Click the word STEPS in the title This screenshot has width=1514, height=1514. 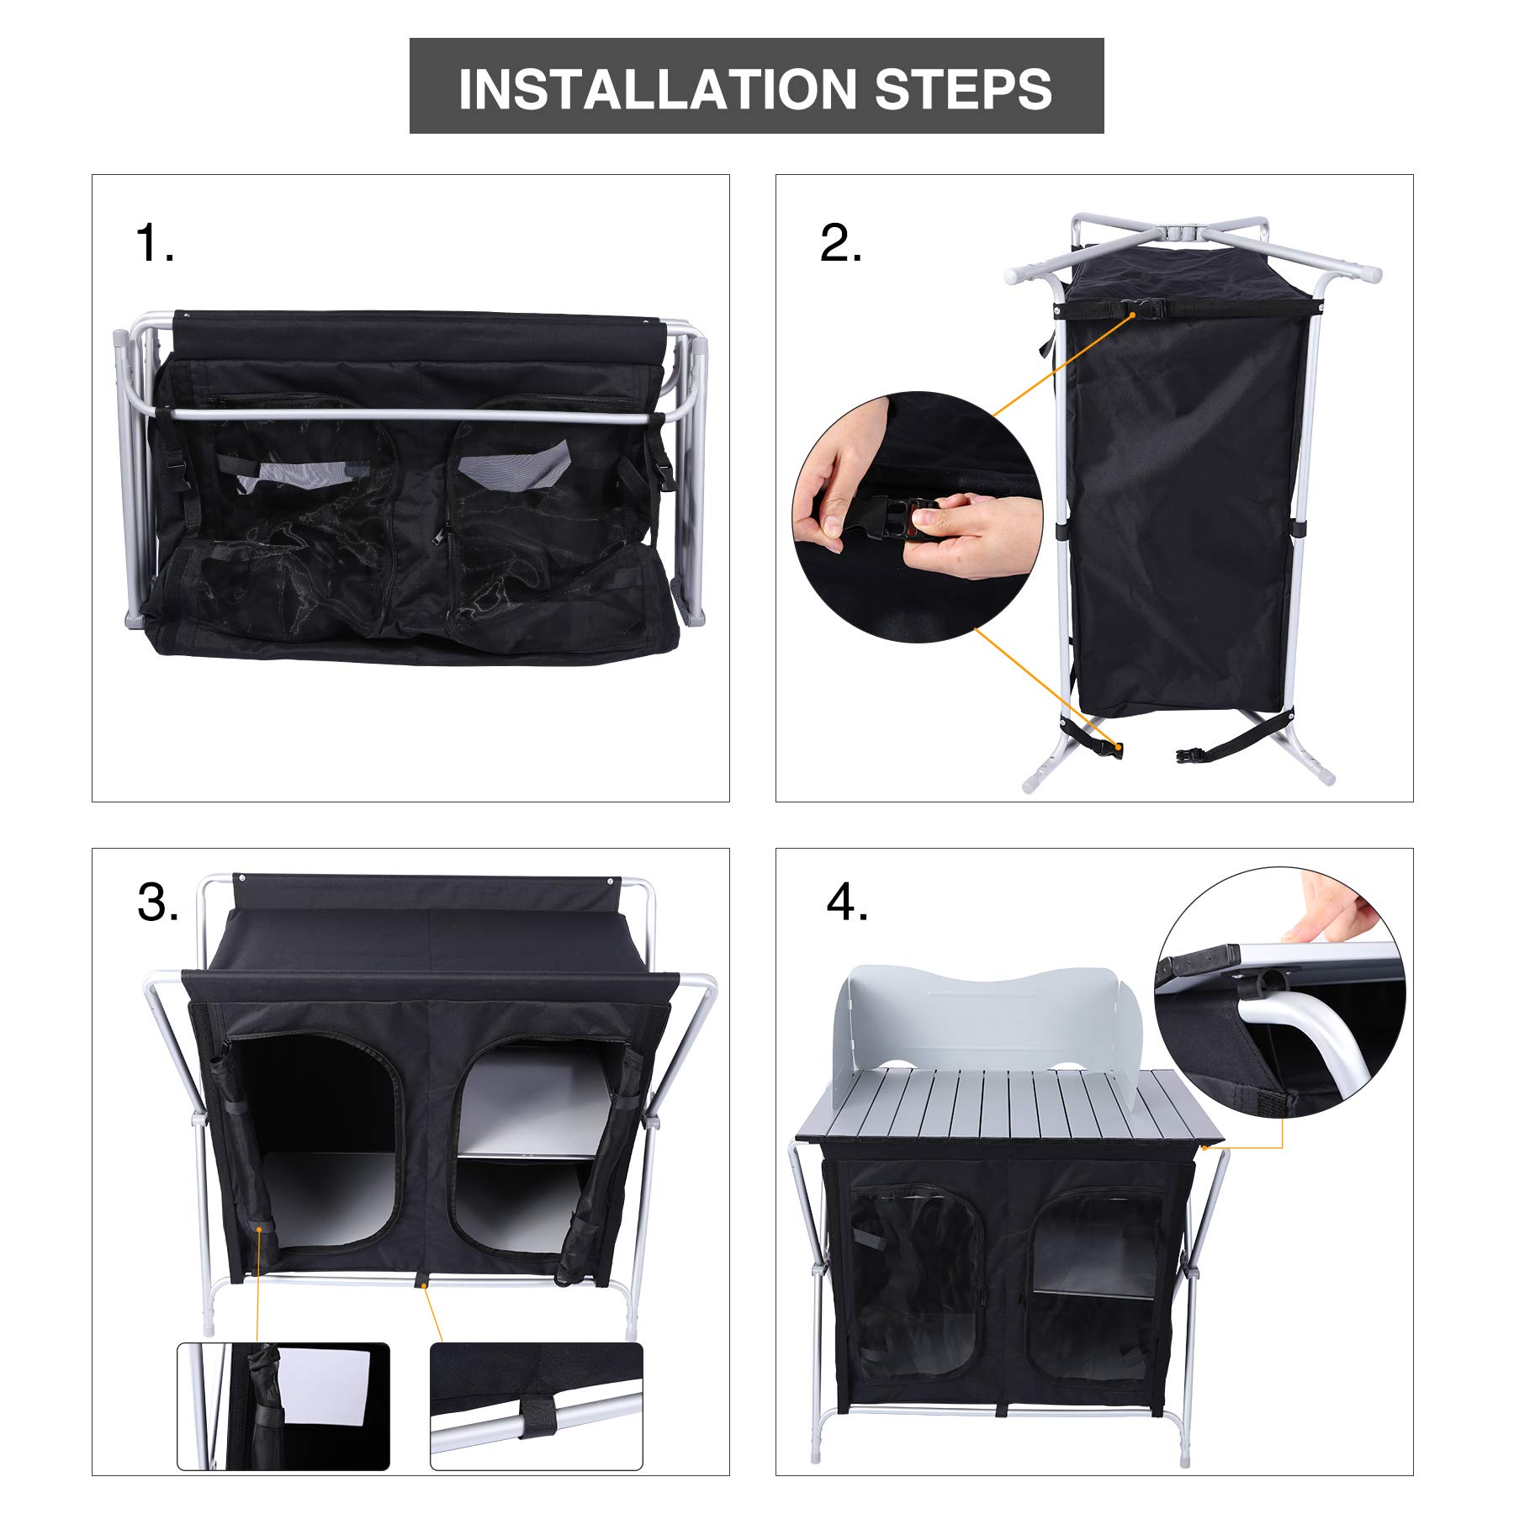(964, 89)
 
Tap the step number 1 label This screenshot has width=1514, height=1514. (155, 244)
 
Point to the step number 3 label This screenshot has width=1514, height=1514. (158, 903)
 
